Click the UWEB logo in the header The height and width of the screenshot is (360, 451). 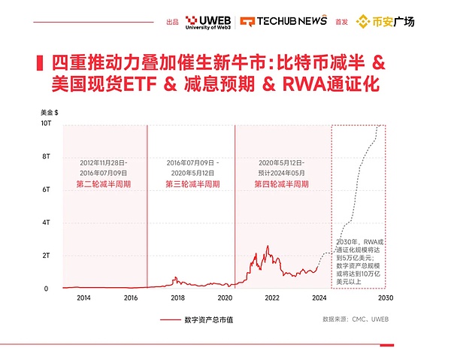click(207, 20)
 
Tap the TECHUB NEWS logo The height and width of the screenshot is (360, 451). click(283, 20)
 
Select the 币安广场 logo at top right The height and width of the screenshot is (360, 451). click(395, 20)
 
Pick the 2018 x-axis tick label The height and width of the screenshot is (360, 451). click(177, 298)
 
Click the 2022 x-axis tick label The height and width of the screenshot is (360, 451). click(271, 298)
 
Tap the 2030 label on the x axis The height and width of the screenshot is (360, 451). click(386, 298)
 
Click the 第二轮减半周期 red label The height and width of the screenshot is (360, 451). click(104, 183)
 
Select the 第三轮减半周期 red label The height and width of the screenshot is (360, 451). click(192, 183)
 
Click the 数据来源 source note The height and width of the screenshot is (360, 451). click(353, 319)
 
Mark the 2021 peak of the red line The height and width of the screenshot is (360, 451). click(267, 246)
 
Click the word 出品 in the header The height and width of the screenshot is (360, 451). click(173, 21)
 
